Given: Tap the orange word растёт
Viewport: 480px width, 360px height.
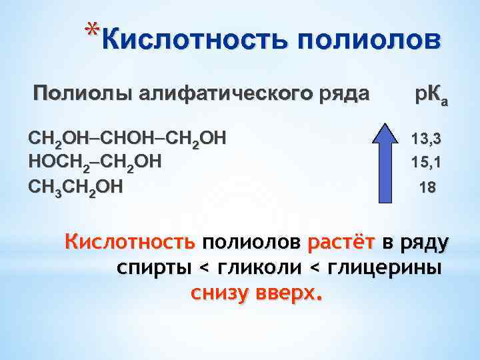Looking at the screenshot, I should [343, 241].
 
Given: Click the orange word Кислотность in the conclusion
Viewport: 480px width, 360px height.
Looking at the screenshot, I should [130, 241].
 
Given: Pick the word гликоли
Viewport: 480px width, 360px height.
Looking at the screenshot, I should [261, 267].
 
